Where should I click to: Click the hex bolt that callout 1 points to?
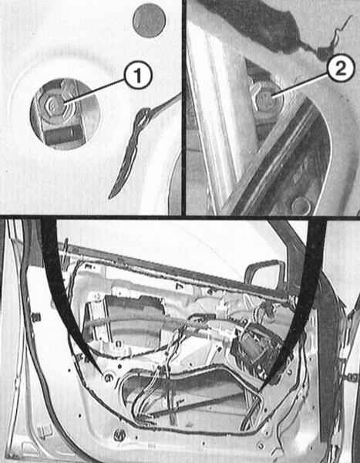pyautogui.click(x=54, y=105)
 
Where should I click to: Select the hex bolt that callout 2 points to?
pyautogui.click(x=264, y=97)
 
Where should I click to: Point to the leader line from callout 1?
pyautogui.click(x=94, y=91)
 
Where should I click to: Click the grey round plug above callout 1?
pyautogui.click(x=149, y=20)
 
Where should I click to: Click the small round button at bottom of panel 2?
pyautogui.click(x=301, y=205)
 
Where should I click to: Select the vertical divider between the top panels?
pyautogui.click(x=183, y=107)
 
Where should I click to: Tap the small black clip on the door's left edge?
pyautogui.click(x=35, y=317)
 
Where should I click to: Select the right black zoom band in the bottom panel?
pyautogui.click(x=304, y=296)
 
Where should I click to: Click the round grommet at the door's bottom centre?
pyautogui.click(x=119, y=434)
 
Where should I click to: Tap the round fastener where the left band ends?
pyautogui.click(x=108, y=377)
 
